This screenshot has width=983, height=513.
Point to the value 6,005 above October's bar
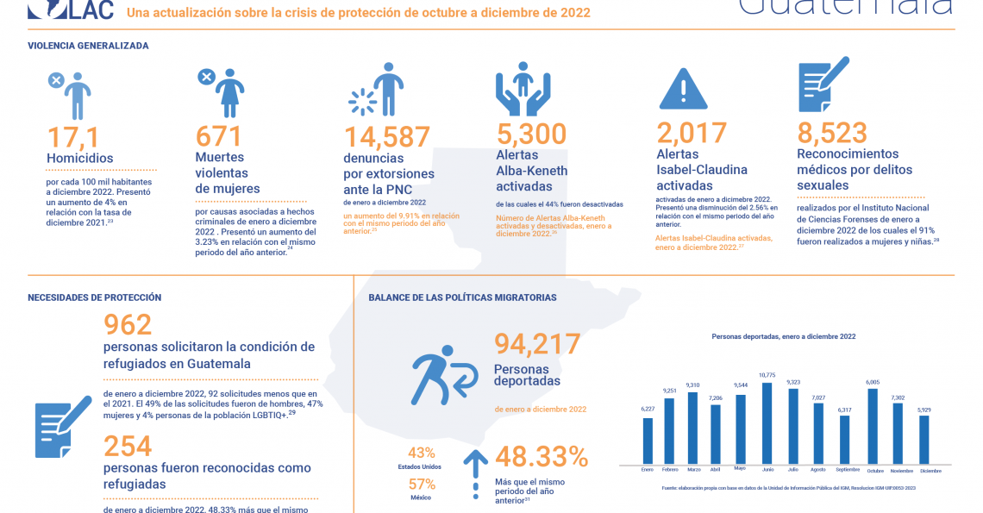tap(873, 382)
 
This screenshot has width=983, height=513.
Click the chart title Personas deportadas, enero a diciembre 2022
tap(783, 336)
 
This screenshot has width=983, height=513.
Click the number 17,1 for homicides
tap(73, 137)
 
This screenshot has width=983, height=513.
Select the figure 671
tap(219, 137)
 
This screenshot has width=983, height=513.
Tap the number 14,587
tap(387, 138)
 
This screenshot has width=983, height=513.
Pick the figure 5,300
tap(532, 135)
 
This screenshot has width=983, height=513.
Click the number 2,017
tap(692, 133)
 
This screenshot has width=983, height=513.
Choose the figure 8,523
tap(831, 133)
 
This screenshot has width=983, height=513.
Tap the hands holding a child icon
tap(523, 89)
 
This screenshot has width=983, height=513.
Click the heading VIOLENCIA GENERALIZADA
tap(88, 46)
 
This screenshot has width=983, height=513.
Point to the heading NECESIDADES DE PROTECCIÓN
tap(95, 297)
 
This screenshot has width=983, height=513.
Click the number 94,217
tap(537, 344)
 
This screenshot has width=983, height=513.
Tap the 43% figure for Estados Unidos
tap(422, 453)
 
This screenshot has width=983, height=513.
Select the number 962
tap(128, 324)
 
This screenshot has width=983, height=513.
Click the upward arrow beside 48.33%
tap(475, 472)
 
